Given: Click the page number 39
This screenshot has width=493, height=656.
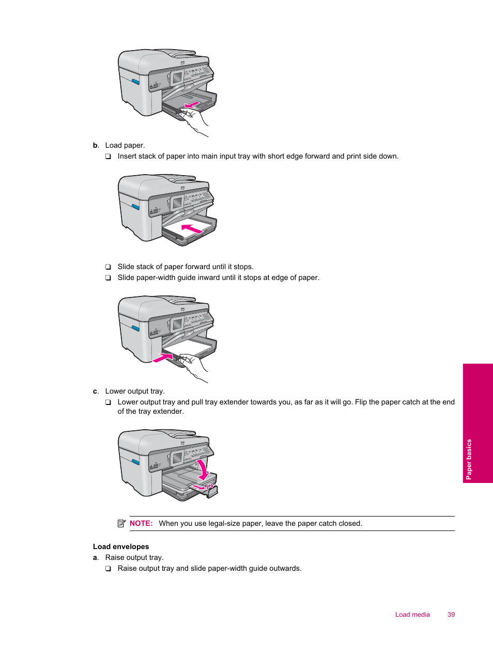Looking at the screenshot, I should coord(451,614).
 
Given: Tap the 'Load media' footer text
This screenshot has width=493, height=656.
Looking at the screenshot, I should coord(412,614).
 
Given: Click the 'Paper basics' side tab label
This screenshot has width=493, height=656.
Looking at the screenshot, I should coord(469,459).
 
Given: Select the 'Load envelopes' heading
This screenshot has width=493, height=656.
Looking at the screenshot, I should coord(121,546).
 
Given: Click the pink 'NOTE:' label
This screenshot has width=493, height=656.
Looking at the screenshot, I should coord(141,523).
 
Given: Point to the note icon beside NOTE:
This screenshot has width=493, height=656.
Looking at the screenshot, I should coord(121,523).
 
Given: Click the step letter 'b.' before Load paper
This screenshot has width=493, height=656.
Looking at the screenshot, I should coord(96,145).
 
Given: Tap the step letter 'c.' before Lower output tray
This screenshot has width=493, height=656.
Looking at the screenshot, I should coord(96,391).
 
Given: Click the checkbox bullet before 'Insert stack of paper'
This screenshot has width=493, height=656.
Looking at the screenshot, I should coord(108,157).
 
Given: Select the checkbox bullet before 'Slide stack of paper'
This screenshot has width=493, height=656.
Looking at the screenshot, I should coord(108,267).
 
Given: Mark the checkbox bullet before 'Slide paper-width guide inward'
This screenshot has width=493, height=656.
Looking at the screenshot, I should coord(108,278).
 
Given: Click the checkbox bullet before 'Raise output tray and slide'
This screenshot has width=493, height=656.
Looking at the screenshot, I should coord(108,569).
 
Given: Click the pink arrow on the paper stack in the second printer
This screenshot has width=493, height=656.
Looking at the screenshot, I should coord(191,228).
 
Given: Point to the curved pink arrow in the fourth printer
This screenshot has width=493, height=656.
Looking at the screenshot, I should coord(203,469).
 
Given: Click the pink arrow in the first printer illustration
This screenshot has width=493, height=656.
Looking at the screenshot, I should coord(192,105).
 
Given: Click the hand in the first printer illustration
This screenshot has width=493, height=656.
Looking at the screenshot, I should coord(194,122).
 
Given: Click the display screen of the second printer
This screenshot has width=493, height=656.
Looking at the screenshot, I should coord(177,202).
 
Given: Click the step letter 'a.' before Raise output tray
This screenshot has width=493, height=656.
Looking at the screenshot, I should coord(96,557).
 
